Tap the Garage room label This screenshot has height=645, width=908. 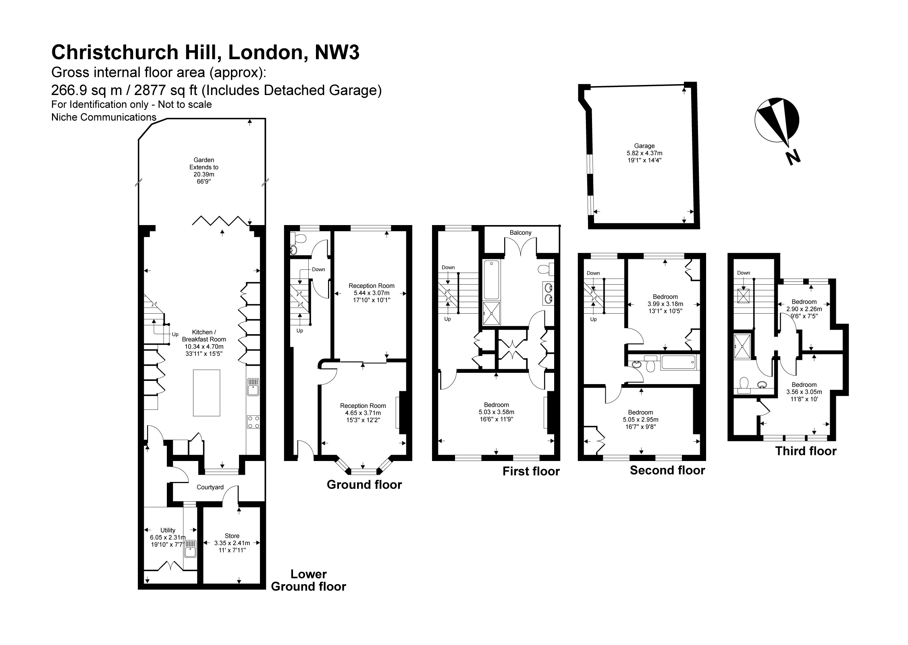(x=644, y=146)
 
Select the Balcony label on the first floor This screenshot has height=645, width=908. (x=520, y=232)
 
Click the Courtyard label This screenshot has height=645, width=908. (x=210, y=487)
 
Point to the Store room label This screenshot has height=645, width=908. (x=232, y=536)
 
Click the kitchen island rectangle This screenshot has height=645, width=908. (x=206, y=393)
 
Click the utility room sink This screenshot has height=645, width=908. (x=190, y=548)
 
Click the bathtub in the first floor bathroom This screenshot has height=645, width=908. (x=491, y=279)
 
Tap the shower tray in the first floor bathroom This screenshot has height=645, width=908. (x=491, y=313)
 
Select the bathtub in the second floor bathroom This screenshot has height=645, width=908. (x=678, y=362)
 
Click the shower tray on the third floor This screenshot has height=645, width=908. (x=742, y=346)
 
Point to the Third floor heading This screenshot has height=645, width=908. (x=806, y=451)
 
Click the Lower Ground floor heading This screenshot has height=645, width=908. (x=309, y=580)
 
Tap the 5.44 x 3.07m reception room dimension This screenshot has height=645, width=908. (x=372, y=293)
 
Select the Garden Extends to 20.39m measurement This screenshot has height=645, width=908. (x=204, y=171)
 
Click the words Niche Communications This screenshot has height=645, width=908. (x=104, y=117)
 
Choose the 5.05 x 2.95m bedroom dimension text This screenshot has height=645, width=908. (x=640, y=420)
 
